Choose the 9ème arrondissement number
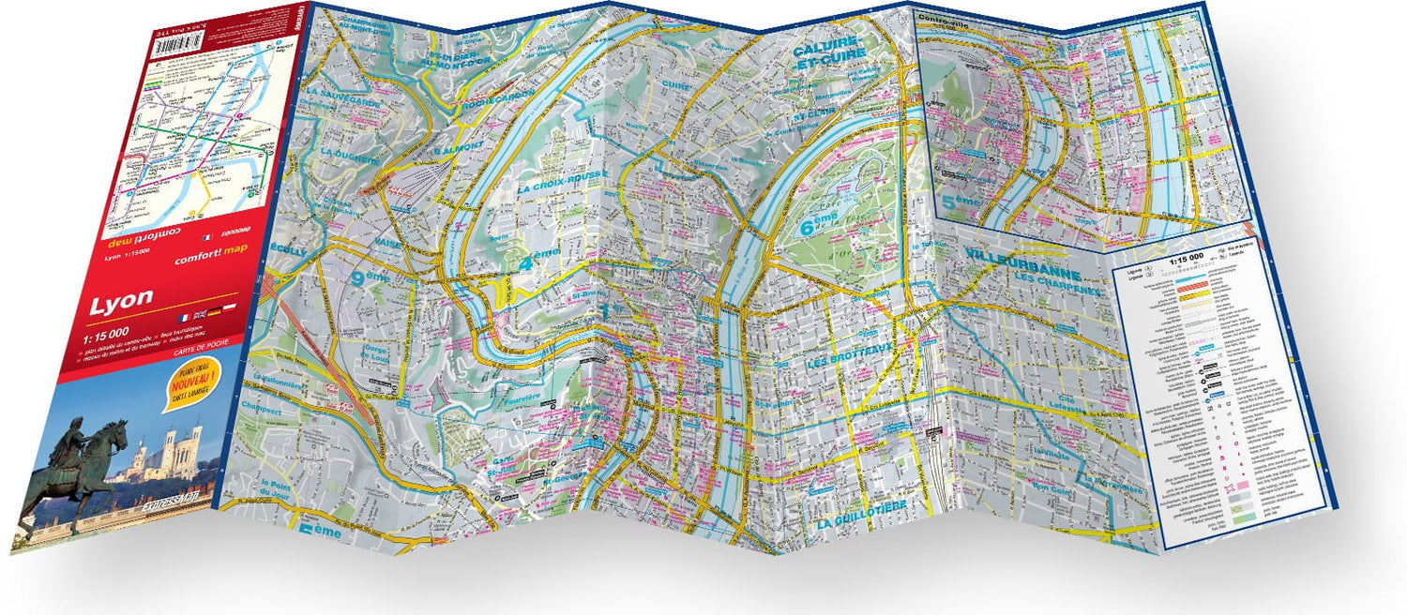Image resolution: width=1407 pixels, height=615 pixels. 368,277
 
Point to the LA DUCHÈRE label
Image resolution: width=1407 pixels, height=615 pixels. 346,151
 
